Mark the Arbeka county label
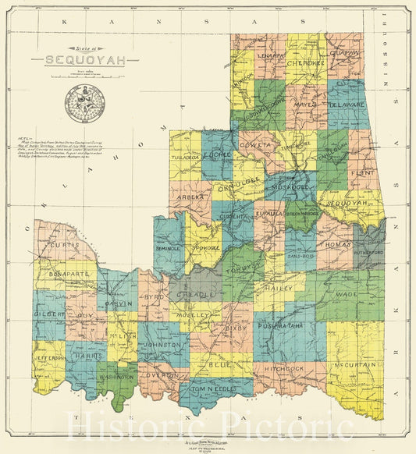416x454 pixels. coord(190,197)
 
